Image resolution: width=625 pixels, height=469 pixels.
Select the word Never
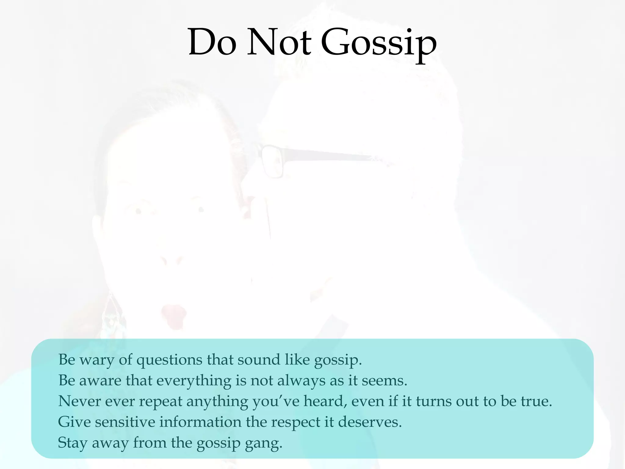click(x=79, y=401)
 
